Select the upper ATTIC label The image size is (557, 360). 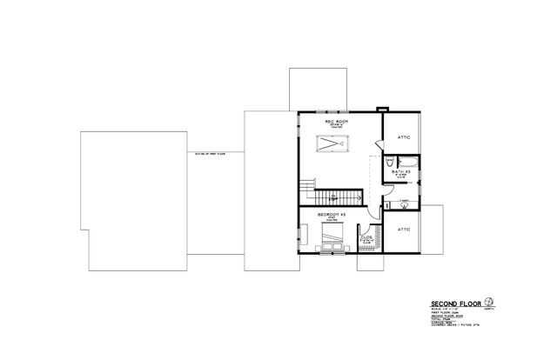(403, 137)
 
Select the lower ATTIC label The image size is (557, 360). (403, 230)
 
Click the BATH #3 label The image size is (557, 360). (399, 173)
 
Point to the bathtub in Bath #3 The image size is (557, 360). (406, 161)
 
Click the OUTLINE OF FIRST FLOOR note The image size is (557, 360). (212, 153)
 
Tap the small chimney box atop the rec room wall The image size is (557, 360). (379, 109)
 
